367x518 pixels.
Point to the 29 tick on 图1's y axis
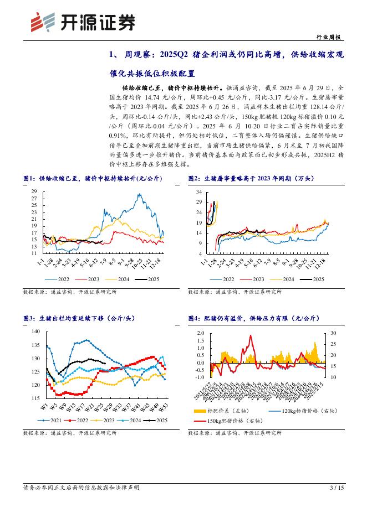pyautogui.click(x=34, y=191)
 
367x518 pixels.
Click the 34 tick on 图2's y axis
pyautogui.click(x=199, y=191)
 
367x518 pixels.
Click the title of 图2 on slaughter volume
pyautogui.click(x=250, y=178)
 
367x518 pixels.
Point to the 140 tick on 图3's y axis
pyautogui.click(x=36, y=331)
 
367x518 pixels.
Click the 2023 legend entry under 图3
pyautogui.click(x=110, y=421)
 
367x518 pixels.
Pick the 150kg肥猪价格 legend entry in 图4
pyautogui.click(x=235, y=421)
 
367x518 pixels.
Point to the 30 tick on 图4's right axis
pyautogui.click(x=333, y=333)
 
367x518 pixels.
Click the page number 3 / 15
pyautogui.click(x=337, y=488)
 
